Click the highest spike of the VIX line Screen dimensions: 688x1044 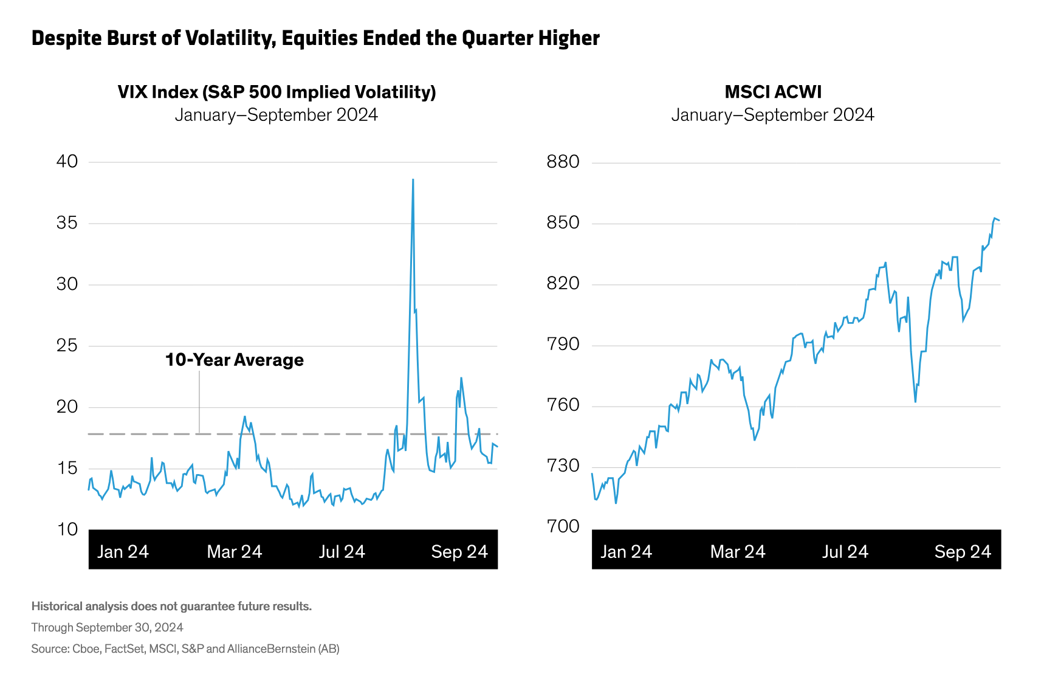coord(413,180)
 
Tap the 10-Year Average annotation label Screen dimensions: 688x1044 coord(235,360)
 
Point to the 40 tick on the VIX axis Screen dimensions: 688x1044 coord(67,162)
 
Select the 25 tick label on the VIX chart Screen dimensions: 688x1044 coord(67,346)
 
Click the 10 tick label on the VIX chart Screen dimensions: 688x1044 coord(67,529)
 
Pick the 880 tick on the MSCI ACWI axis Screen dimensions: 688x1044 coord(563,162)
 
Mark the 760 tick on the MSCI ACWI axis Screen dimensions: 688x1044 coord(563,405)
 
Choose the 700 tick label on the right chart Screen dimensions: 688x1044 coord(563,526)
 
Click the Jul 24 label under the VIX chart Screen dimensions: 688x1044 coord(342,551)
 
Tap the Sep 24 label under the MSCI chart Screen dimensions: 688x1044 coord(963,551)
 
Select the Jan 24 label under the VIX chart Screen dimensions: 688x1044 coord(123,551)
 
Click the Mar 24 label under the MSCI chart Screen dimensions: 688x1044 coord(738,551)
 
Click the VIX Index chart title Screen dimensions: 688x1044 coord(276,92)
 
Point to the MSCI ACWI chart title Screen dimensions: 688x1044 coord(773,92)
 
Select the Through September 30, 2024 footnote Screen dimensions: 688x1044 coord(108,627)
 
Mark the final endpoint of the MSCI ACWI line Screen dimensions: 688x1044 coord(999,220)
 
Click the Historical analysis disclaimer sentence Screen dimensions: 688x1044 coord(171,606)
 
